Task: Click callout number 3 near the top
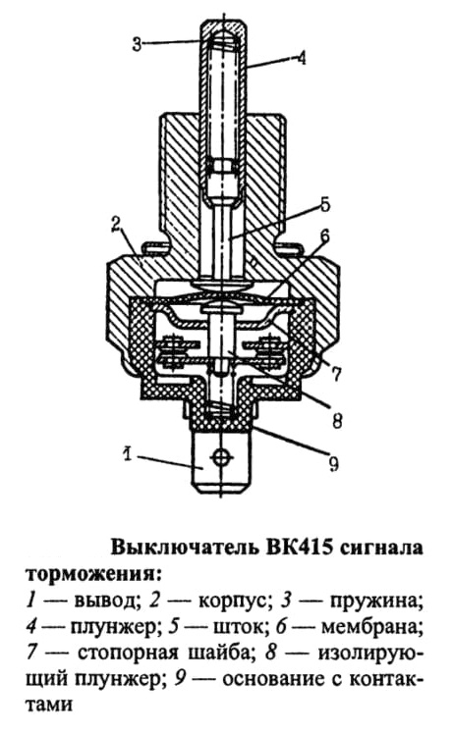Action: pos(137,44)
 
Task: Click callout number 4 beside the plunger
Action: pos(301,59)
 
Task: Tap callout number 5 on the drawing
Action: pos(325,204)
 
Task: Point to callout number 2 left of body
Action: pos(116,226)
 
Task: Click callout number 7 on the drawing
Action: pos(336,374)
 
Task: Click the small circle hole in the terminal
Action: pos(220,456)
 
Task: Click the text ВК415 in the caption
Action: pos(298,548)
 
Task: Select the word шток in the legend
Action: pos(237,626)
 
